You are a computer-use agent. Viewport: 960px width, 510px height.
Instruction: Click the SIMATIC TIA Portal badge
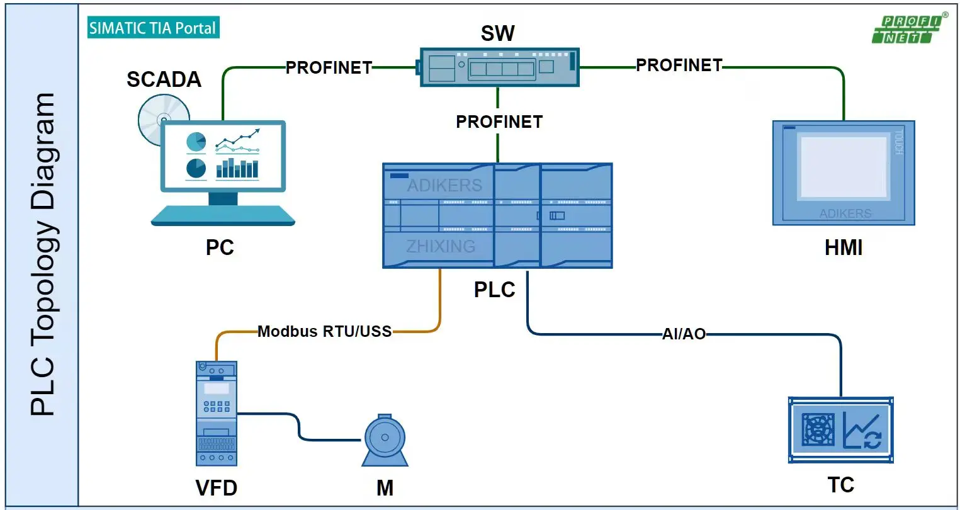[153, 28]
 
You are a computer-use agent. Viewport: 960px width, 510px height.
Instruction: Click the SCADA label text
[164, 79]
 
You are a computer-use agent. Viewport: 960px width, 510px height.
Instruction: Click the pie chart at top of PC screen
[196, 142]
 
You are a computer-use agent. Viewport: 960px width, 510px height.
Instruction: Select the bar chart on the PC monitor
[237, 168]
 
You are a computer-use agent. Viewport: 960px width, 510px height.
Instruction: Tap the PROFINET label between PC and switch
[329, 67]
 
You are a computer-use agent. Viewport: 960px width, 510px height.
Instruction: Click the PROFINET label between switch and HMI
[679, 65]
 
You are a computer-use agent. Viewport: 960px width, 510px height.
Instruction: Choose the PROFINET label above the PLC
[499, 122]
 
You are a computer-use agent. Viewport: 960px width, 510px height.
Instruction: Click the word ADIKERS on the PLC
[444, 185]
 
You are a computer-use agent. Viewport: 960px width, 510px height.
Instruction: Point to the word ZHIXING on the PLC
[441, 246]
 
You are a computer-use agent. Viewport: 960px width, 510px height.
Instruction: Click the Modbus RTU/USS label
[324, 331]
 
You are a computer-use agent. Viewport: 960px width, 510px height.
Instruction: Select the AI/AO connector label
[684, 334]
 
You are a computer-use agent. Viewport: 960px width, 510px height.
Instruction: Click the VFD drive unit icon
[217, 414]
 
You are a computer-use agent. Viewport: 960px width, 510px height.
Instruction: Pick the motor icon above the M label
[385, 439]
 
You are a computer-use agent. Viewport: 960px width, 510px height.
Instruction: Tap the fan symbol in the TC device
[818, 430]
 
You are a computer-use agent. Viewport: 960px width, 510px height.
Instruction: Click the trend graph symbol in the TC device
[863, 430]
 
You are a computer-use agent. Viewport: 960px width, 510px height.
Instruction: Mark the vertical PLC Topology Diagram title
[43, 254]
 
